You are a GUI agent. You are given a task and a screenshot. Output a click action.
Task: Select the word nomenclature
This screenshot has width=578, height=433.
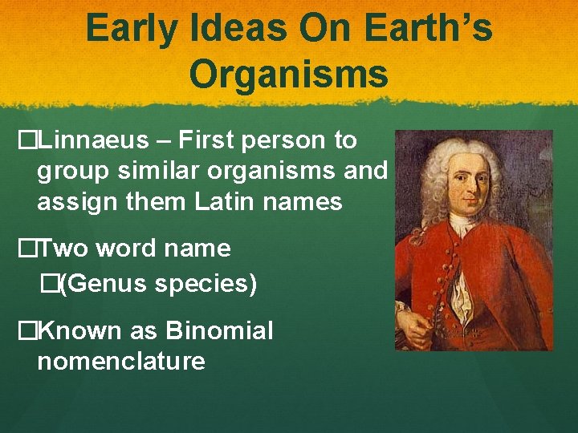[121, 361]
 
